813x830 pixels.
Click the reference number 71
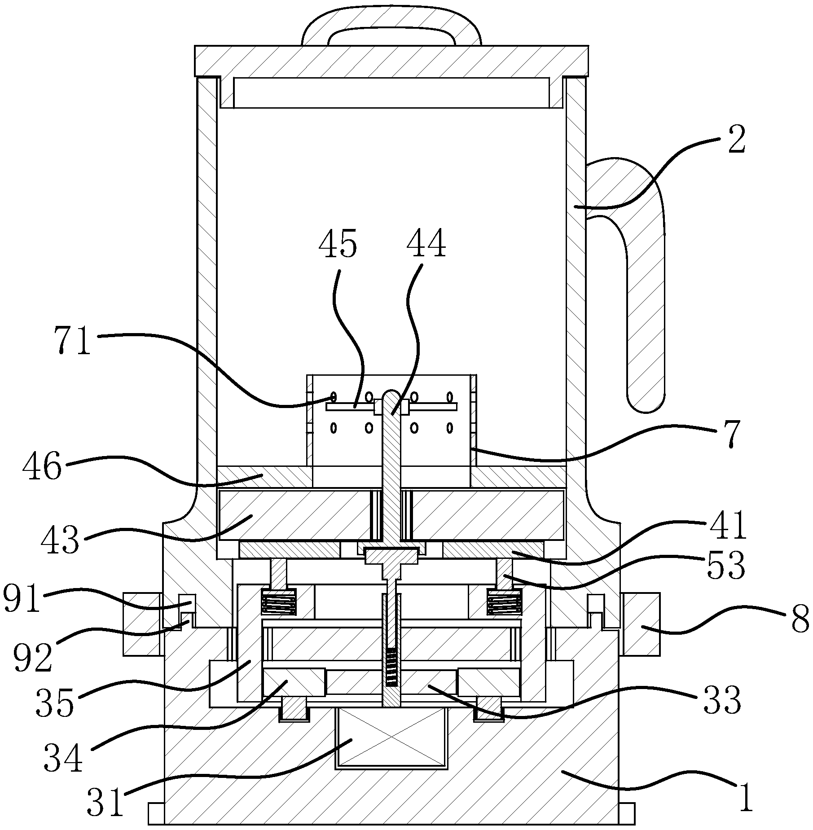tap(73, 341)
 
